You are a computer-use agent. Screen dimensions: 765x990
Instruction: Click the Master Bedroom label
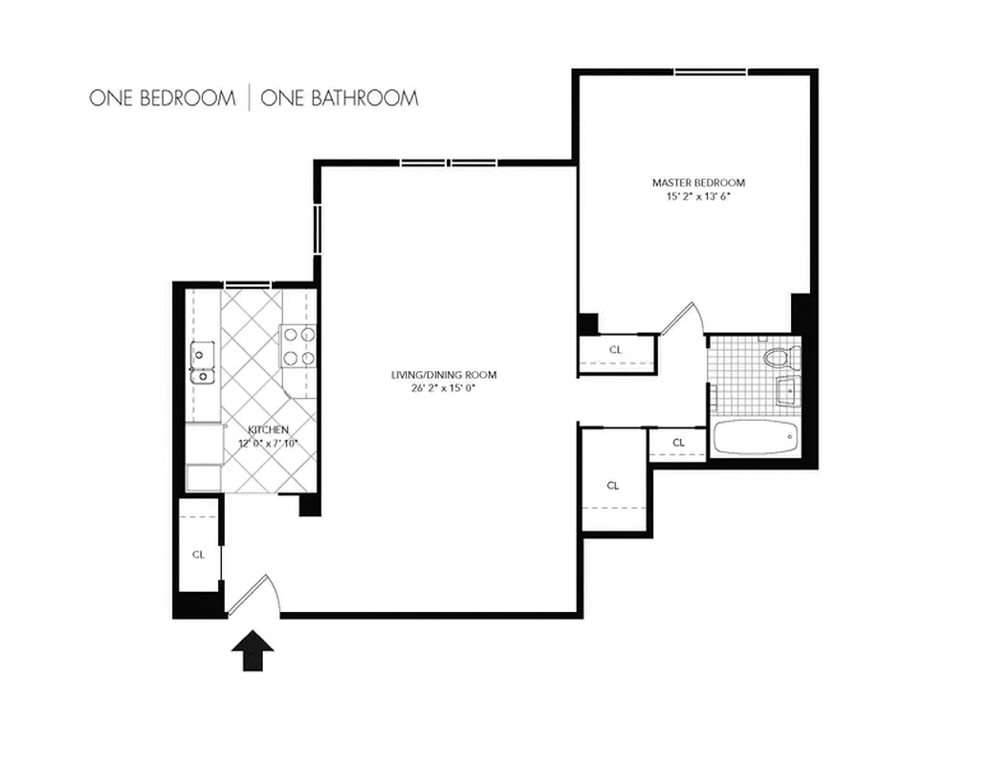[x=698, y=183]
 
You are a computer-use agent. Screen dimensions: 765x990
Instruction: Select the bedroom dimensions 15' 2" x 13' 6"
[x=698, y=197]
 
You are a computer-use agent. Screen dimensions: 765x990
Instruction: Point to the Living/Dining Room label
[x=444, y=375]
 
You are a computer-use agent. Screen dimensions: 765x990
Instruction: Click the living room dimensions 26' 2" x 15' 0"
[x=444, y=388]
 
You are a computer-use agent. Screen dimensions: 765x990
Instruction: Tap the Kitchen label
[x=268, y=430]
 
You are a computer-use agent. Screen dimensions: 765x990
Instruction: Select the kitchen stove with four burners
[x=298, y=346]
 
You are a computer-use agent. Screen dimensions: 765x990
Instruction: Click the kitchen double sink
[x=202, y=362]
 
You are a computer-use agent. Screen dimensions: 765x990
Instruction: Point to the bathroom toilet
[x=777, y=359]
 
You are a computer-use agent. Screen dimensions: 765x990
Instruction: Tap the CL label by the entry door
[x=199, y=554]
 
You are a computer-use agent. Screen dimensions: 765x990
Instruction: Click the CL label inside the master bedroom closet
[x=615, y=350]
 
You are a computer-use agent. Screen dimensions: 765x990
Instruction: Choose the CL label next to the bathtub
[x=678, y=443]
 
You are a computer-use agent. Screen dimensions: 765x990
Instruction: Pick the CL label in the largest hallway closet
[x=613, y=486]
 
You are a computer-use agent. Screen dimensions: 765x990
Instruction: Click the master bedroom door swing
[x=685, y=320]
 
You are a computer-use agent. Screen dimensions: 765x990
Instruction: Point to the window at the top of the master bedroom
[x=711, y=72]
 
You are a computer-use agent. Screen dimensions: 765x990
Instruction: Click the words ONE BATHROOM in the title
[x=339, y=98]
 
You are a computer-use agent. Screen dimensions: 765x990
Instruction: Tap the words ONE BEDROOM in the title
[x=162, y=98]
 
